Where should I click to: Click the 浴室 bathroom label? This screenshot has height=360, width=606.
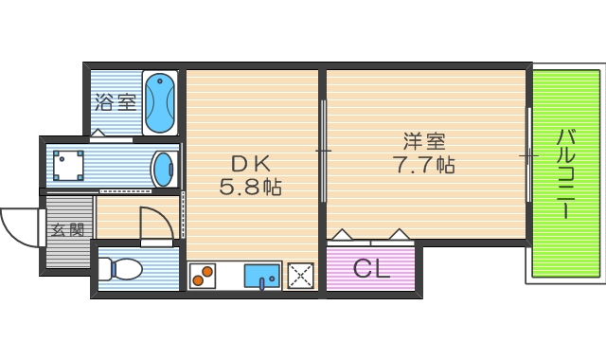(115, 101)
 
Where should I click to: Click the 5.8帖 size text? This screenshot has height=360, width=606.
(251, 187)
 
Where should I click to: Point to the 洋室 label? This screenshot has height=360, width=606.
(424, 142)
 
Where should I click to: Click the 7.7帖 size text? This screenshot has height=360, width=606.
(424, 165)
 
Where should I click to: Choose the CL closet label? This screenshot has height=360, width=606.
(371, 268)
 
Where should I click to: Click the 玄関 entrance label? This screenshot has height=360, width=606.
(67, 229)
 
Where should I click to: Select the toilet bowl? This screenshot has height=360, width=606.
(124, 269)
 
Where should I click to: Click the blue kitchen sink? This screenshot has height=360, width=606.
(261, 276)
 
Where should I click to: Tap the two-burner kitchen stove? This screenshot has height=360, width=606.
(203, 276)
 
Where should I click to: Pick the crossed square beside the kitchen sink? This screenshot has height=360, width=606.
(301, 276)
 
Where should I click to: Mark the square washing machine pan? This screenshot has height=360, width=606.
(68, 166)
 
